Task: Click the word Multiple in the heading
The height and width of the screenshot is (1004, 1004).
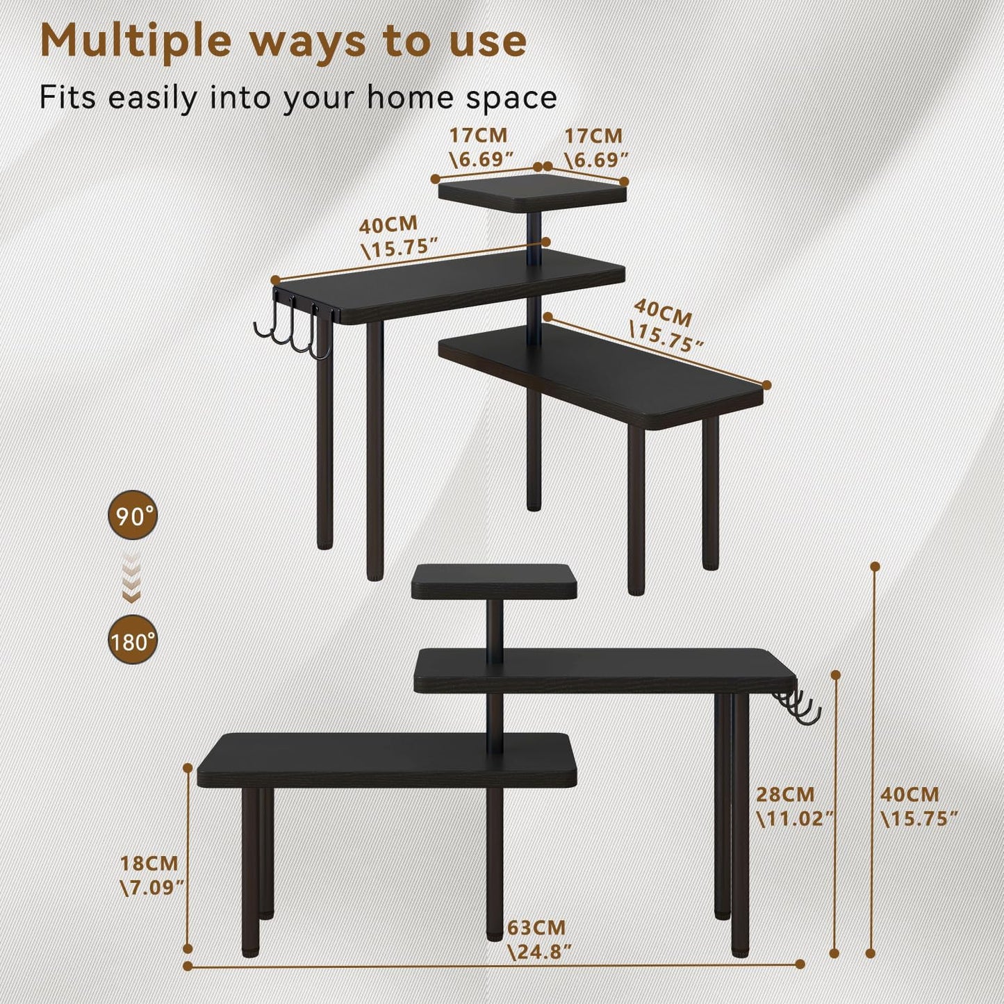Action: point(135,42)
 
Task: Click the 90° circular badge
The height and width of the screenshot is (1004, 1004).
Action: point(133,516)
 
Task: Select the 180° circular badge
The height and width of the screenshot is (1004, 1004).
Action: point(133,640)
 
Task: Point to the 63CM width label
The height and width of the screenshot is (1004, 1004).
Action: point(536,928)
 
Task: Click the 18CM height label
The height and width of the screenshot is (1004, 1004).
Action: point(149,864)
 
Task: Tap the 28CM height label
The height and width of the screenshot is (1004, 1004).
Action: point(785,794)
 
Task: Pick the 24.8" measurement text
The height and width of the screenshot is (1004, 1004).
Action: point(540,951)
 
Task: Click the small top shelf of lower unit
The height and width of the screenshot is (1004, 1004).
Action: point(494,582)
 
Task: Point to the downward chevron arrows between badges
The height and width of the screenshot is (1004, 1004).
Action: point(132,578)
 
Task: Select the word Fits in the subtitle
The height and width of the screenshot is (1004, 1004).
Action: point(67,97)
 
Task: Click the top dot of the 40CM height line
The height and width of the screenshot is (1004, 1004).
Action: point(875,567)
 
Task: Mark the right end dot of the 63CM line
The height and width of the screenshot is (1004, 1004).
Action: point(800,964)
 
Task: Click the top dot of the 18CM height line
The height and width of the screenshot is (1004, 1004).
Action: point(188,768)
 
